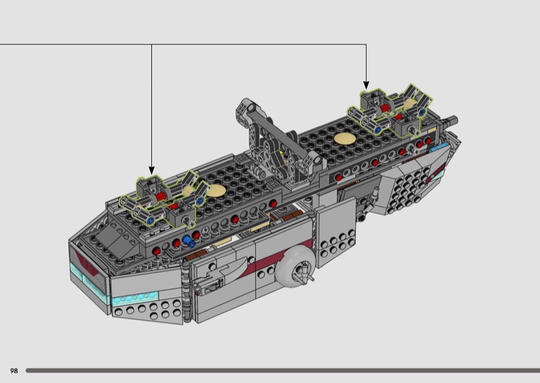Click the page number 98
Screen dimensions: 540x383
click(13, 371)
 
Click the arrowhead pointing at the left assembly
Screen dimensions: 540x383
click(151, 170)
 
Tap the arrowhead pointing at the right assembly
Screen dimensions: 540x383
click(366, 85)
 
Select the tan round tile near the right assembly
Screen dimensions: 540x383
click(345, 138)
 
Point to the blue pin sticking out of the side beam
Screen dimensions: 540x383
click(188, 241)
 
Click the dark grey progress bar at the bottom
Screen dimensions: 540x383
click(283, 371)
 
